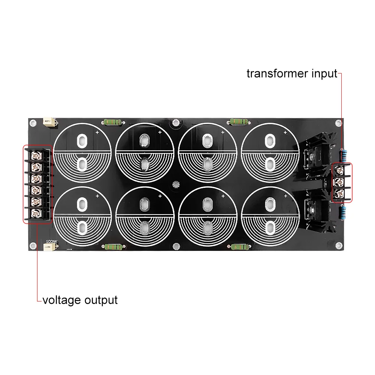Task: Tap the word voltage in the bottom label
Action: click(61, 300)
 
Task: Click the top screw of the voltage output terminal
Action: click(36, 154)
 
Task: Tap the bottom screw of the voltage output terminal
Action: click(36, 213)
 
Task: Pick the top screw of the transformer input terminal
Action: click(340, 170)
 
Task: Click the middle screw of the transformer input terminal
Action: click(340, 182)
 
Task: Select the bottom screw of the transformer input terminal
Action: click(340, 193)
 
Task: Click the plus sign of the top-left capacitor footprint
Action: click(97, 132)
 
